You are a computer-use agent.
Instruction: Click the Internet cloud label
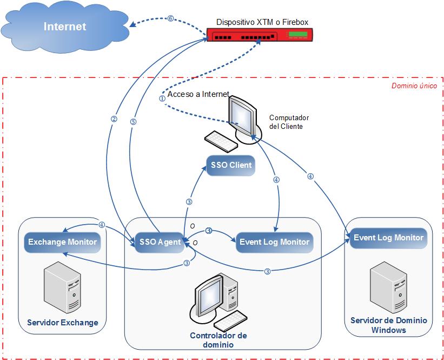tap(65, 27)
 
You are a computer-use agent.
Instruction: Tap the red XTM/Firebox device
tap(260, 36)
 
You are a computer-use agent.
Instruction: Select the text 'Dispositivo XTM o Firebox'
tap(262, 22)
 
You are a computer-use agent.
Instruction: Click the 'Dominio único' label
tap(414, 86)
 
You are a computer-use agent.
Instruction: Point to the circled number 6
tap(170, 18)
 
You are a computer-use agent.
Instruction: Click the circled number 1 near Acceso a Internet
tap(162, 99)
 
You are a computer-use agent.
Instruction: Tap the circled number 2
tap(114, 120)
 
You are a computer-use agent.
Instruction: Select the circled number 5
tap(133, 122)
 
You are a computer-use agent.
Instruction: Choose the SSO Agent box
tap(160, 242)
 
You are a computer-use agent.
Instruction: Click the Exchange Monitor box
tap(62, 242)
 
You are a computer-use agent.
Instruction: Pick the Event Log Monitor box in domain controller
tap(274, 242)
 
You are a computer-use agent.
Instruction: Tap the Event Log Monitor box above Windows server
tap(388, 238)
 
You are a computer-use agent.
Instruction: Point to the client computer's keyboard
tap(221, 141)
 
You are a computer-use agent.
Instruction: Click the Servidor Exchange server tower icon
tap(62, 287)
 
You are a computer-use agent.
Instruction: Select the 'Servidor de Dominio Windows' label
tap(388, 325)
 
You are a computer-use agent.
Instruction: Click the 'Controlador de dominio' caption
tap(218, 340)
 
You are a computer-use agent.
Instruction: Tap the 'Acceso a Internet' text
tap(198, 94)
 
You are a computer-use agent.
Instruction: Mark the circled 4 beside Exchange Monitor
tap(102, 225)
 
